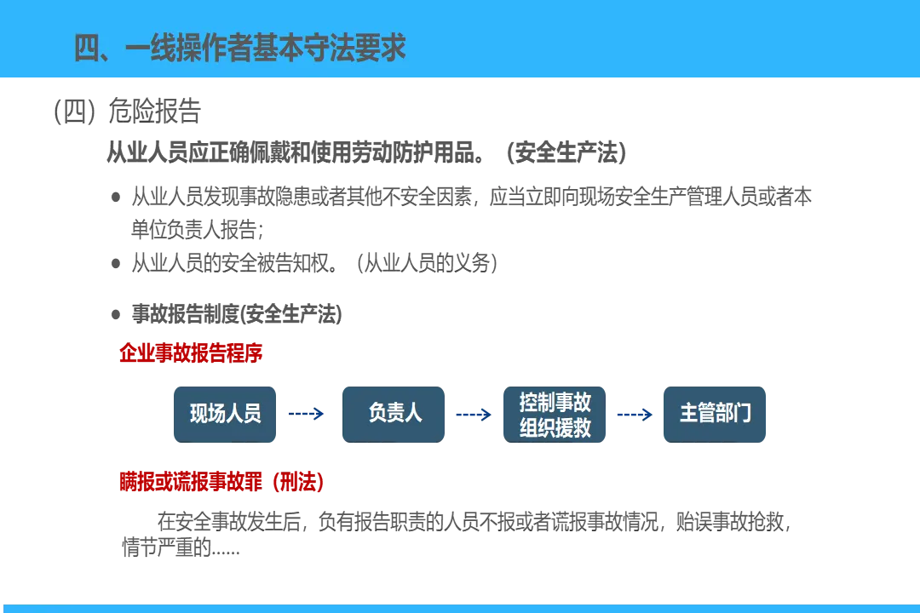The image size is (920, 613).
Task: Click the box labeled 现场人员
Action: point(225,414)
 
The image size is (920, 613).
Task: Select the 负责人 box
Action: point(394,414)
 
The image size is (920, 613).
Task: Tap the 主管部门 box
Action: point(715,414)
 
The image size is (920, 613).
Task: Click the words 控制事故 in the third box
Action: point(555,401)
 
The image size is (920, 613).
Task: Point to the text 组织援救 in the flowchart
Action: point(555,427)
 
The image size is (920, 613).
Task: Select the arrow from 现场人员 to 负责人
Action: point(307,414)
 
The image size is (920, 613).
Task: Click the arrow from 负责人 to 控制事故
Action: point(473,415)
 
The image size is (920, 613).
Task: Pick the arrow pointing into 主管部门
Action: point(635,415)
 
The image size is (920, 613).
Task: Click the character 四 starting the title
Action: point(89,49)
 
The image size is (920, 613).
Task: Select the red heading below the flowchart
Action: point(221,483)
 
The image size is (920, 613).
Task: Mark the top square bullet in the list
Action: point(116,198)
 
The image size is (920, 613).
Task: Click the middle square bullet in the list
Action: point(116,262)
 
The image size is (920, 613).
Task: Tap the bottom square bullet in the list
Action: point(116,313)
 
